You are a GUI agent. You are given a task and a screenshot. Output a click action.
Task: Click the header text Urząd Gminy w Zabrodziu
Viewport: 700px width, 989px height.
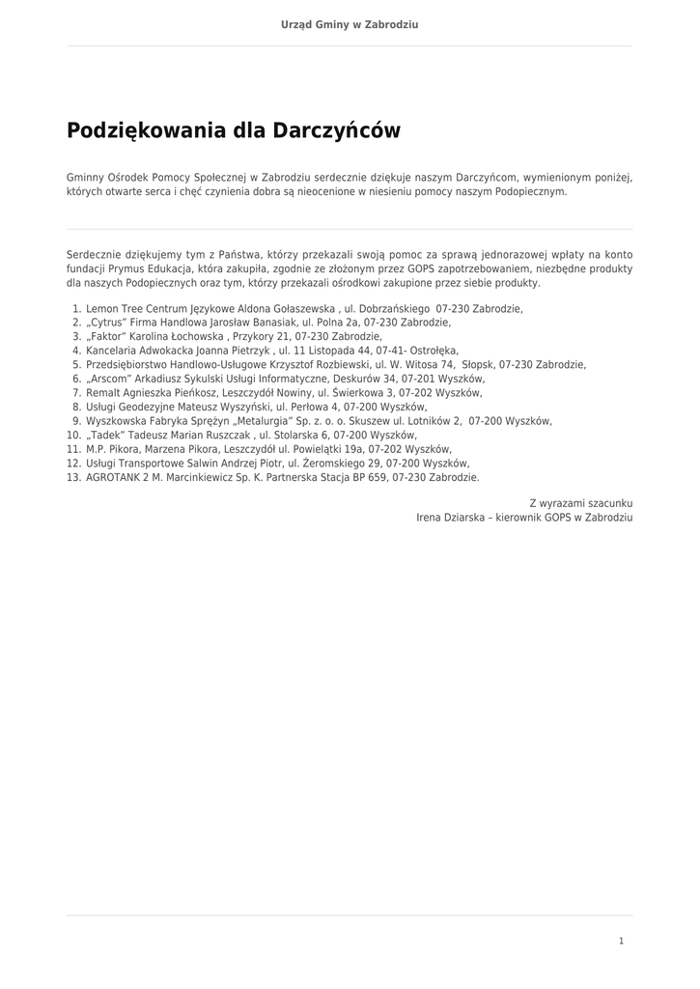click(x=350, y=24)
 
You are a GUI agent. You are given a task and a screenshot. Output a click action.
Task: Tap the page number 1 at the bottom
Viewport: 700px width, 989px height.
click(x=621, y=941)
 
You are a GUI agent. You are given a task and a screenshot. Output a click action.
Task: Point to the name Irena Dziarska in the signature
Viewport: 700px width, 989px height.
click(x=449, y=518)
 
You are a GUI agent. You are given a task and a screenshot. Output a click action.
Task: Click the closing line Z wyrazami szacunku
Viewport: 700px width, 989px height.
click(x=581, y=503)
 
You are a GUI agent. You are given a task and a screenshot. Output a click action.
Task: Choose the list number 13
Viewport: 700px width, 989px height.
click(x=73, y=477)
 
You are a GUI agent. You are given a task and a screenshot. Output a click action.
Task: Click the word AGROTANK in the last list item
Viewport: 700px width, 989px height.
click(x=111, y=477)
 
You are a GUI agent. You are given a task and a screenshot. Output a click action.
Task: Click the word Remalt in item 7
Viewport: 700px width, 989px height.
click(x=102, y=393)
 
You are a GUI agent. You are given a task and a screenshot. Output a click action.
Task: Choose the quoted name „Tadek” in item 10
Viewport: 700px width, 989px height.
click(x=104, y=436)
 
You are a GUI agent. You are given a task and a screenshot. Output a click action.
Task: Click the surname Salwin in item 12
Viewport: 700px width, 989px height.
click(x=202, y=464)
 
